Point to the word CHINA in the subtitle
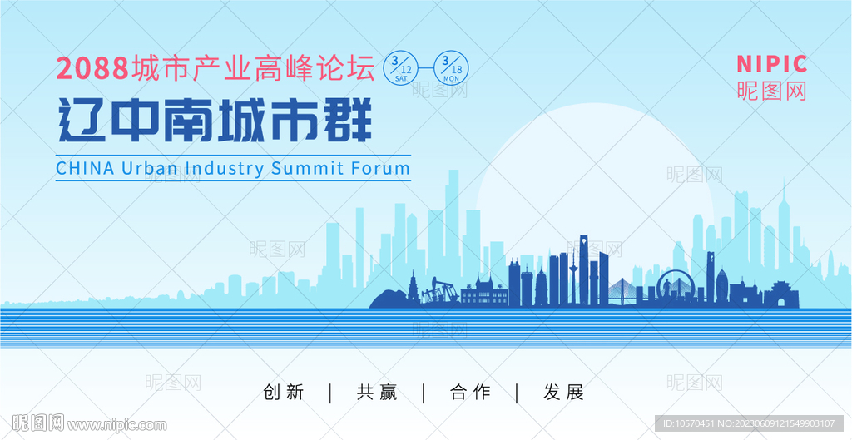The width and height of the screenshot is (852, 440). tap(85, 168)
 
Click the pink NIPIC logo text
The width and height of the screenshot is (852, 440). tap(771, 64)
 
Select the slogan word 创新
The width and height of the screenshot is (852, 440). tap(284, 393)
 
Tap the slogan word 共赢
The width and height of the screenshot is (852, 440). tap(377, 393)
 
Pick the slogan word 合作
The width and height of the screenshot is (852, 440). tap(470, 393)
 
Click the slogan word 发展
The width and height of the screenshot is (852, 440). tap(564, 393)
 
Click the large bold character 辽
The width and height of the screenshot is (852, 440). tap(81, 122)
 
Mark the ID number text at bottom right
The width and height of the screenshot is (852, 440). tap(748, 423)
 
